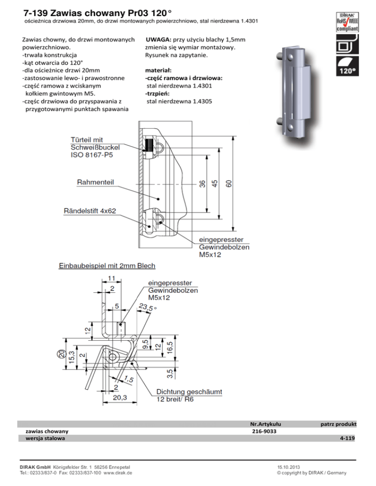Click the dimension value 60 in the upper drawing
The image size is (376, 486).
(x=229, y=183)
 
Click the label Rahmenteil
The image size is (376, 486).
(x=95, y=182)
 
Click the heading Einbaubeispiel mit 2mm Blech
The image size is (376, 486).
(x=107, y=266)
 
